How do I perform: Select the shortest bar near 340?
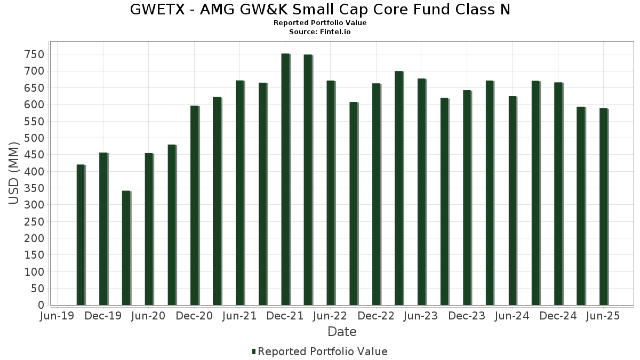click(126, 248)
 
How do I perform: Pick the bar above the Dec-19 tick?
click(103, 229)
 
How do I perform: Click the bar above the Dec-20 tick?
click(194, 205)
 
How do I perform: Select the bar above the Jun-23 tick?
click(421, 192)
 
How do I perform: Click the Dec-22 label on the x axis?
click(376, 316)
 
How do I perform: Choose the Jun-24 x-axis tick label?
click(513, 316)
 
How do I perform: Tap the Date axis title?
click(342, 332)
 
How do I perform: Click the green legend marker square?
click(254, 351)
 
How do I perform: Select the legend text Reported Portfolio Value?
click(323, 351)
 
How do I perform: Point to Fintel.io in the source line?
click(336, 32)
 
